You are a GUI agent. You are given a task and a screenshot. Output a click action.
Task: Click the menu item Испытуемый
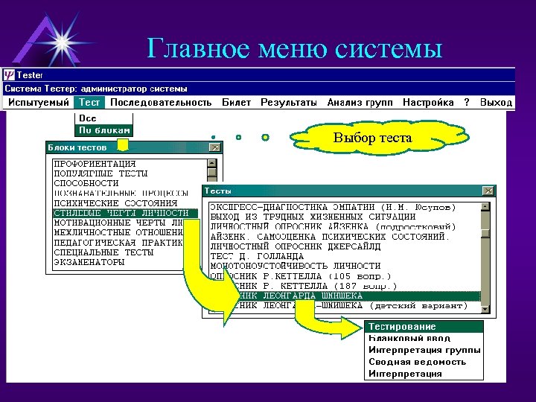tap(39, 103)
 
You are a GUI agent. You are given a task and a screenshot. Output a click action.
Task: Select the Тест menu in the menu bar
tap(90, 103)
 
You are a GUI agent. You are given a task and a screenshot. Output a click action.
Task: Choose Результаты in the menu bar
tap(288, 103)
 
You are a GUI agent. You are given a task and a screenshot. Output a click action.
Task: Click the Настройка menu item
tap(428, 103)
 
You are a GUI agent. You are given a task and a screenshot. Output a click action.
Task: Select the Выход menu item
tap(496, 103)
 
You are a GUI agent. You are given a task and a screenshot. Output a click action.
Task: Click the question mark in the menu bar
tap(467, 103)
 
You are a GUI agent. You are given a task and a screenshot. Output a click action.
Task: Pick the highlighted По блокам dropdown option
tap(103, 130)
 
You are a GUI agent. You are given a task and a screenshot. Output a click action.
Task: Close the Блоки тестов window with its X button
tap(214, 147)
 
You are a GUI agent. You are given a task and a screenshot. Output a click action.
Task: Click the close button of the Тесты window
tap(487, 191)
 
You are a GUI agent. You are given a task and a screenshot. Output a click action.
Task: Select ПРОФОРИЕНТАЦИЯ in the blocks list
tap(95, 163)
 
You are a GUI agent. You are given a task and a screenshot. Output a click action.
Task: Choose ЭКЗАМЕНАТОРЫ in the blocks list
tap(89, 263)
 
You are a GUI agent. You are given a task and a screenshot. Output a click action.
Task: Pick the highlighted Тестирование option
tap(402, 327)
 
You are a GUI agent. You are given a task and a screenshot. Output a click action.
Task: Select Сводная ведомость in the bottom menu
tap(418, 362)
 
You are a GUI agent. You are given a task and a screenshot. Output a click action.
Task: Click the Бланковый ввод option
tap(409, 338)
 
